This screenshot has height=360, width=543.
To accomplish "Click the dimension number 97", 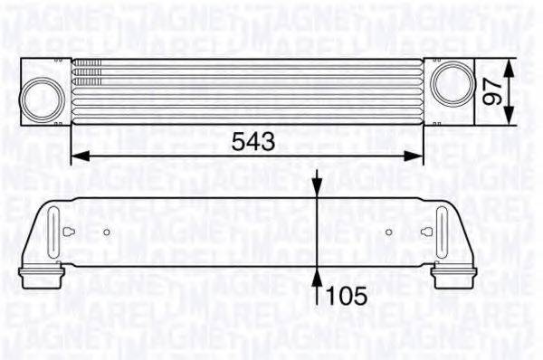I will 493,91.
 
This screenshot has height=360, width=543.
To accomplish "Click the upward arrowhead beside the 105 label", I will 318,274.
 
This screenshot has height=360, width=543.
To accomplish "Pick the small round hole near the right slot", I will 389,232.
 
